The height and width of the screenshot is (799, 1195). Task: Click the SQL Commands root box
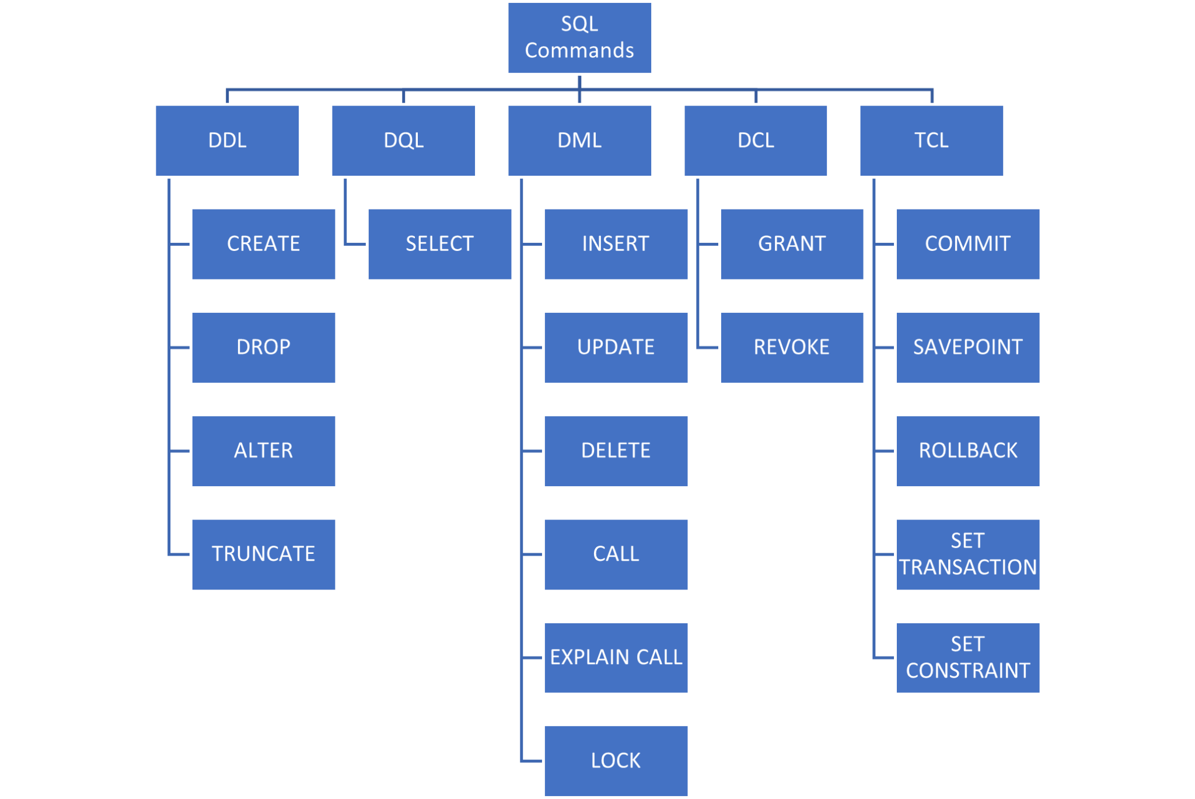click(579, 37)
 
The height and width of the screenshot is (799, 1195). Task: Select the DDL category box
click(227, 141)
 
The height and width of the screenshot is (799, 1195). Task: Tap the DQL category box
click(403, 141)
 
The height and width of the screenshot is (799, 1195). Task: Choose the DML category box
click(579, 141)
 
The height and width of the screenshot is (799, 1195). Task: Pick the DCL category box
click(756, 141)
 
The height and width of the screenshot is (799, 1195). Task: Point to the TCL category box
click(931, 141)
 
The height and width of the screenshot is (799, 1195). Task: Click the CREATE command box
click(263, 244)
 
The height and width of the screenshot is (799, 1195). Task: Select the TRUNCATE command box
click(263, 554)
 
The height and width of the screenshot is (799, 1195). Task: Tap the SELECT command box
click(439, 244)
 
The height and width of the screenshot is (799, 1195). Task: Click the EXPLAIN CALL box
click(616, 657)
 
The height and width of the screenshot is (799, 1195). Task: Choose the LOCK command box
click(616, 760)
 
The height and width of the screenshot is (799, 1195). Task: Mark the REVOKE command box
click(792, 347)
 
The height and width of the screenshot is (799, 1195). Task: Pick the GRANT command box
click(792, 244)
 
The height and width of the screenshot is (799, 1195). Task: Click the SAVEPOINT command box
click(967, 347)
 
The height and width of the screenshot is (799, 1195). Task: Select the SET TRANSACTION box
click(967, 554)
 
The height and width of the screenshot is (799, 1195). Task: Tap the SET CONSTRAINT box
click(967, 657)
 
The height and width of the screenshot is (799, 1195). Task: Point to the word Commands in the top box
click(579, 51)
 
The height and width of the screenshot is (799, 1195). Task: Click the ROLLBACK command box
click(967, 451)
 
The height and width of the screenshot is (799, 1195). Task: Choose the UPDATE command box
click(616, 347)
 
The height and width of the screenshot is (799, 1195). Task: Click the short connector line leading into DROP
click(180, 347)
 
